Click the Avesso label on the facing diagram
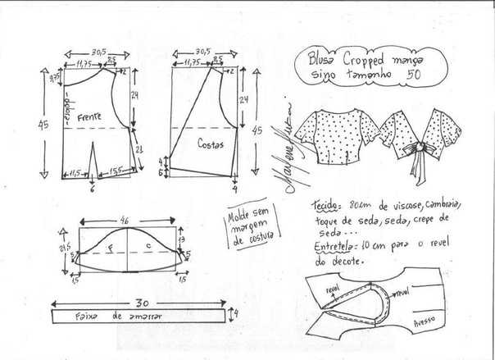[x=425, y=321]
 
